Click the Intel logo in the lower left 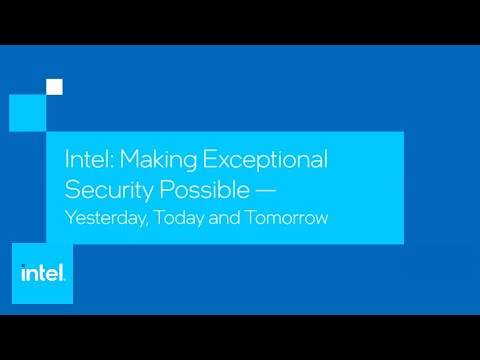click(x=44, y=271)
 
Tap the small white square click(x=54, y=87)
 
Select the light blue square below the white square click(x=28, y=111)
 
